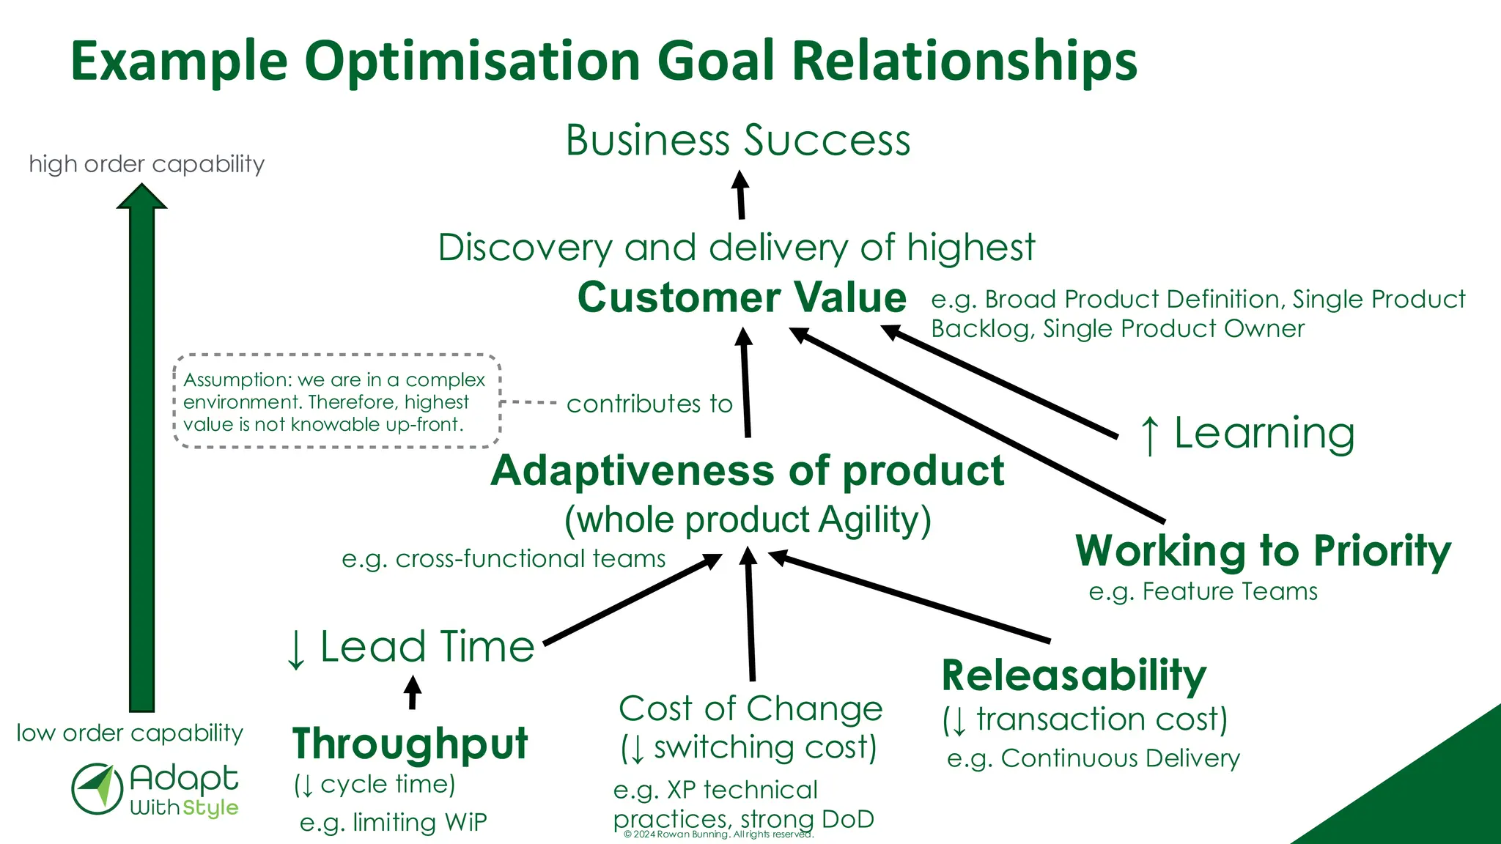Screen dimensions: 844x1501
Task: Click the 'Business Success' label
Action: tap(738, 140)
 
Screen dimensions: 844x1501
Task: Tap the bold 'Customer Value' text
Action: tap(742, 297)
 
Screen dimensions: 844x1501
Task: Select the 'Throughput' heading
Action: tap(410, 744)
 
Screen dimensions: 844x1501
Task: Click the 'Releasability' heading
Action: tap(1073, 675)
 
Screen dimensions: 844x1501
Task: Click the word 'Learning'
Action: tap(1264, 433)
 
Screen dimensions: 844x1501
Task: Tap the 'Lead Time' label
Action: tap(427, 647)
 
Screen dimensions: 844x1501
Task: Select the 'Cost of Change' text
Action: tap(750, 708)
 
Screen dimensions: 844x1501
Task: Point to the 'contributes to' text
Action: tap(649, 404)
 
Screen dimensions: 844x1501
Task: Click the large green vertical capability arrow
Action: tap(142, 454)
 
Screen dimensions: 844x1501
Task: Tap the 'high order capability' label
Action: tap(147, 163)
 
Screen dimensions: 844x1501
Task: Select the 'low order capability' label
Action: tap(130, 733)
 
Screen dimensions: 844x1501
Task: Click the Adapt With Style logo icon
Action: tap(97, 789)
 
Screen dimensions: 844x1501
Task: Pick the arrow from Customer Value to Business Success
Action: tap(741, 195)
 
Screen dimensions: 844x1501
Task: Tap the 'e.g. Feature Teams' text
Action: tap(1203, 591)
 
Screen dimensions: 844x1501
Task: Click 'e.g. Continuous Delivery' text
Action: tap(1093, 758)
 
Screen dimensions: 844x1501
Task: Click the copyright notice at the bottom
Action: tap(718, 834)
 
